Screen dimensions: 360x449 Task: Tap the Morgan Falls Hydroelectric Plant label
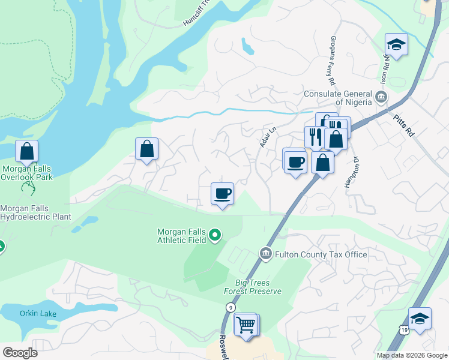click(x=35, y=212)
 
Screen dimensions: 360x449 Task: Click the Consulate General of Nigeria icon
click(x=381, y=97)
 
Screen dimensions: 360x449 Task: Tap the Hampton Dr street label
click(x=351, y=173)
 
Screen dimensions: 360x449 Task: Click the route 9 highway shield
click(x=230, y=307)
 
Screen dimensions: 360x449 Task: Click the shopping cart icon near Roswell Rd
click(x=246, y=325)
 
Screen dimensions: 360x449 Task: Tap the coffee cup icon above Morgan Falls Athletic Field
click(x=222, y=194)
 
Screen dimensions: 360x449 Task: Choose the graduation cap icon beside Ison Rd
click(x=396, y=44)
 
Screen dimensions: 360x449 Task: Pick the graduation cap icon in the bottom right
click(x=420, y=318)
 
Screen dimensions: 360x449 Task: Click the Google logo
click(x=20, y=353)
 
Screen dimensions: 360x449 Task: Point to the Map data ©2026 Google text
click(x=411, y=355)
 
